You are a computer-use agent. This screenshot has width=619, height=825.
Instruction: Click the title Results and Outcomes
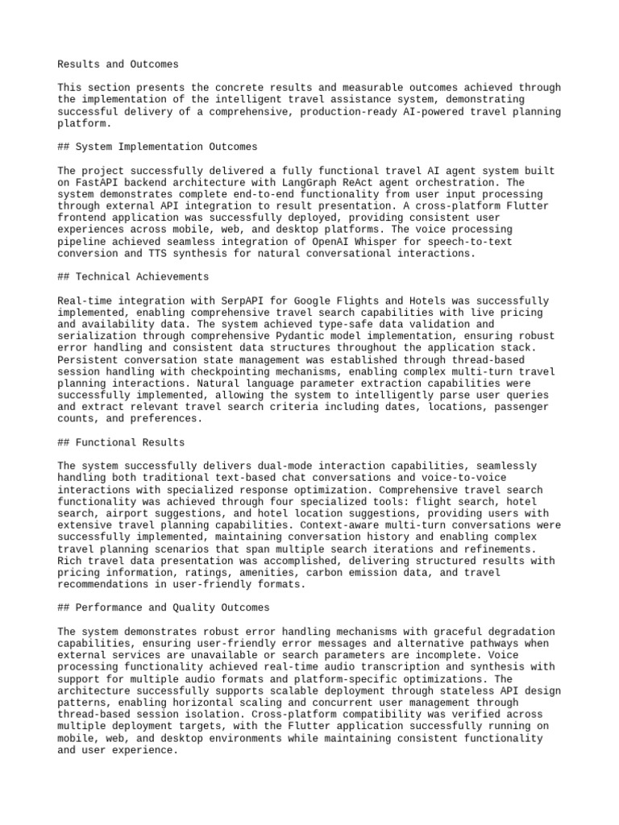point(118,64)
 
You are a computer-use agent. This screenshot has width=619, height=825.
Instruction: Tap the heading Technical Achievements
point(133,277)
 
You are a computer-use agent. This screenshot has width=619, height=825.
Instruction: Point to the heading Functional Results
point(121,442)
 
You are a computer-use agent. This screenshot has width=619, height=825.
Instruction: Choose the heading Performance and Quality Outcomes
point(163,607)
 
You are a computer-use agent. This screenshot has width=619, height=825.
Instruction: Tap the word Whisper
point(438,242)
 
